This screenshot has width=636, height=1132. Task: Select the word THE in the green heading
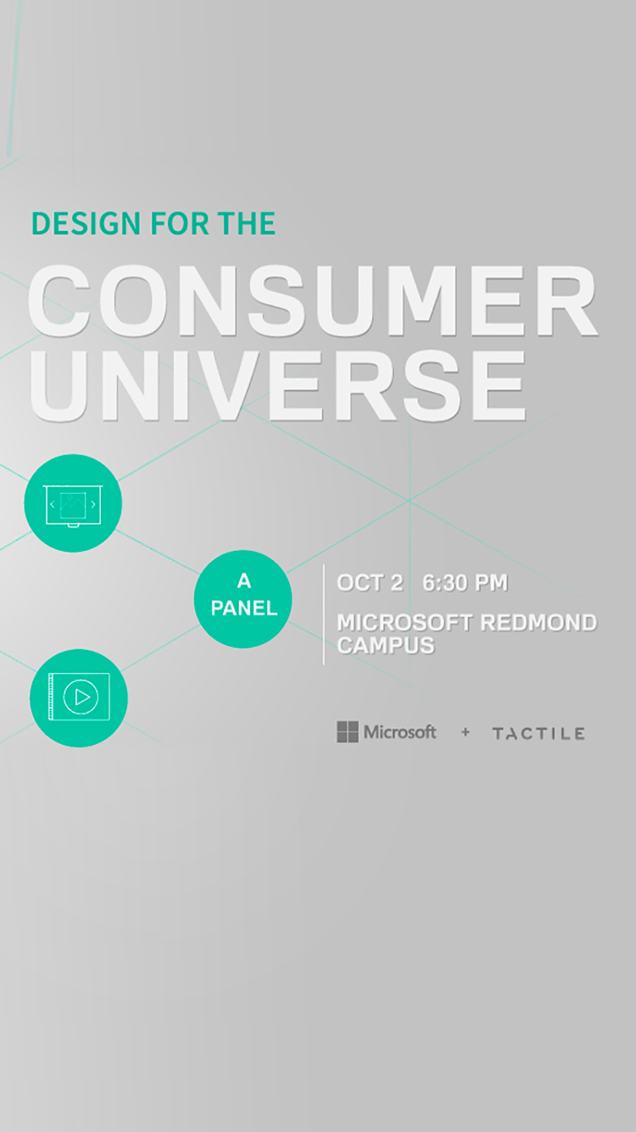click(x=247, y=223)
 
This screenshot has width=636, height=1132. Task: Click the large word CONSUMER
click(x=313, y=300)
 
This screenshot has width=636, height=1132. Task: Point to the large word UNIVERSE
click(x=277, y=385)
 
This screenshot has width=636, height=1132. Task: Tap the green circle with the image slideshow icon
click(x=73, y=503)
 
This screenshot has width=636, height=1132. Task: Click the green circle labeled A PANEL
click(x=243, y=599)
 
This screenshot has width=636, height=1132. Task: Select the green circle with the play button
click(x=79, y=698)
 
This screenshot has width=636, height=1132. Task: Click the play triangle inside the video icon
click(x=82, y=698)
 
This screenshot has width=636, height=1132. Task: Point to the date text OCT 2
click(x=370, y=583)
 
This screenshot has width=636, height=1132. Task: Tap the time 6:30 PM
click(x=465, y=583)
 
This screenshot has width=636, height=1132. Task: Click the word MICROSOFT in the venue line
click(x=404, y=623)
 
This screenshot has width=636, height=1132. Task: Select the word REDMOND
click(x=538, y=623)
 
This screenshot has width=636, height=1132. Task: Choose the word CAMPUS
click(x=386, y=645)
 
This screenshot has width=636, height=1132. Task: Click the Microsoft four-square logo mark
click(x=348, y=731)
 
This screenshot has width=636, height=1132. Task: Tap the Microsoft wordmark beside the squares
click(x=399, y=731)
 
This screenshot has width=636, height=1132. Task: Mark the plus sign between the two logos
click(x=466, y=731)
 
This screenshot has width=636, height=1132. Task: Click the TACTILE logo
click(x=538, y=734)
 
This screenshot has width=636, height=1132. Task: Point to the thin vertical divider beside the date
click(x=324, y=614)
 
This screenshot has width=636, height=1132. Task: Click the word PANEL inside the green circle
click(x=244, y=608)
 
